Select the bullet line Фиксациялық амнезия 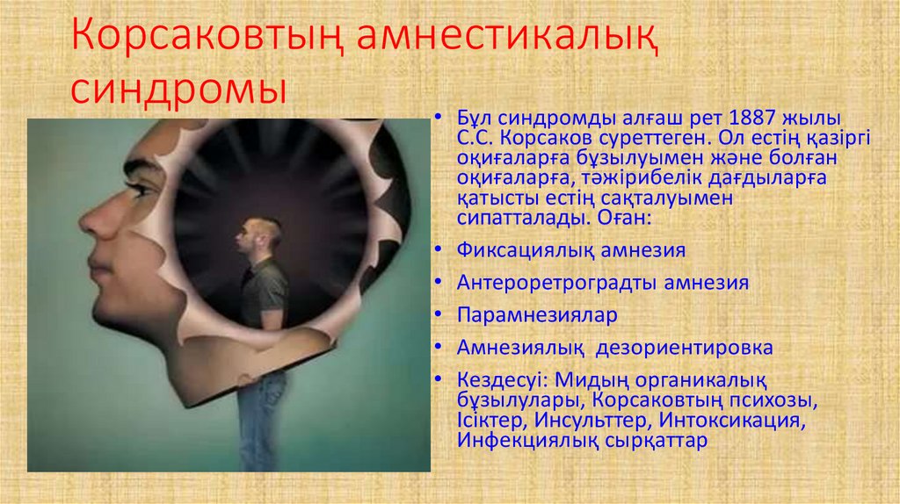[x=570, y=250]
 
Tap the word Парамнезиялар [x=537, y=314]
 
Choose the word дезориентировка [x=685, y=348]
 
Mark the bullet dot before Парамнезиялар [x=439, y=314]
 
